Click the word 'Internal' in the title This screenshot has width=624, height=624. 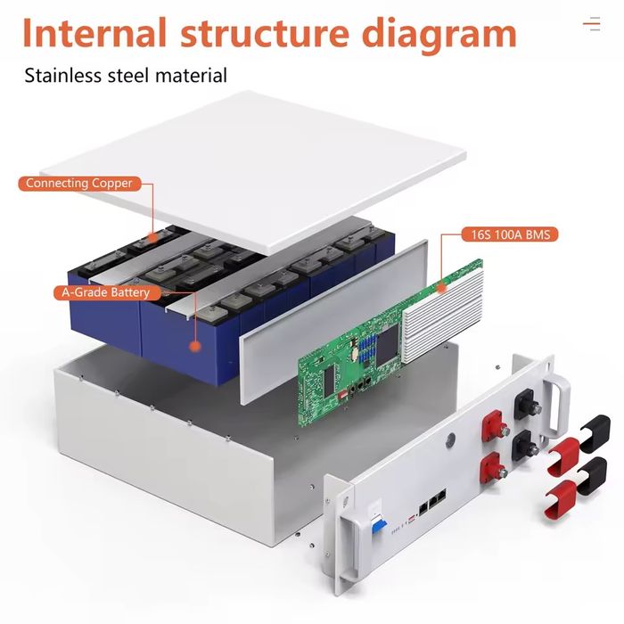pyautogui.click(x=94, y=33)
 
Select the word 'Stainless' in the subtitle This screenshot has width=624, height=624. pyautogui.click(x=65, y=75)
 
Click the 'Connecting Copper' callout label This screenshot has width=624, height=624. pyautogui.click(x=79, y=184)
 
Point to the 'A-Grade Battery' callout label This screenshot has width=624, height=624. pyautogui.click(x=106, y=292)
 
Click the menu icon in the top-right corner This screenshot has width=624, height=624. pyautogui.click(x=591, y=24)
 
